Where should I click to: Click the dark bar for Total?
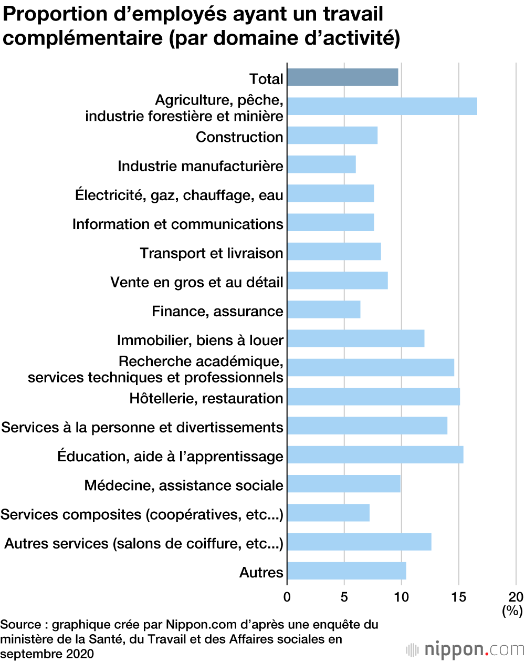click(342, 77)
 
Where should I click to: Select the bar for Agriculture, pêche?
click(382, 106)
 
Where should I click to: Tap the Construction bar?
click(332, 136)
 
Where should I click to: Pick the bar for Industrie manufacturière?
click(321, 164)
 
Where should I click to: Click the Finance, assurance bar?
click(323, 309)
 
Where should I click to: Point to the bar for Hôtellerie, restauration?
click(373, 397)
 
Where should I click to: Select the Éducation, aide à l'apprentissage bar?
click(375, 454)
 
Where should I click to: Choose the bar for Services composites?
click(328, 513)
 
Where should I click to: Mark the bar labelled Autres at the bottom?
click(346, 571)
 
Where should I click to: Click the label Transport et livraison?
click(212, 253)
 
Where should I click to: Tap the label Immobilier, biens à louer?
click(200, 340)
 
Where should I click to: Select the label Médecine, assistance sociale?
click(184, 485)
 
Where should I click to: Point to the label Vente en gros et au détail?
click(197, 282)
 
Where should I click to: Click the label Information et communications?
click(177, 224)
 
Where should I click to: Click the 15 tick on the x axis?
click(459, 597)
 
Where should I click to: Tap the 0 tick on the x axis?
click(287, 597)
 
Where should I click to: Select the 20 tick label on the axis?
click(516, 597)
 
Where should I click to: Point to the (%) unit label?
click(512, 611)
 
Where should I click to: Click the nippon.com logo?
click(465, 649)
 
